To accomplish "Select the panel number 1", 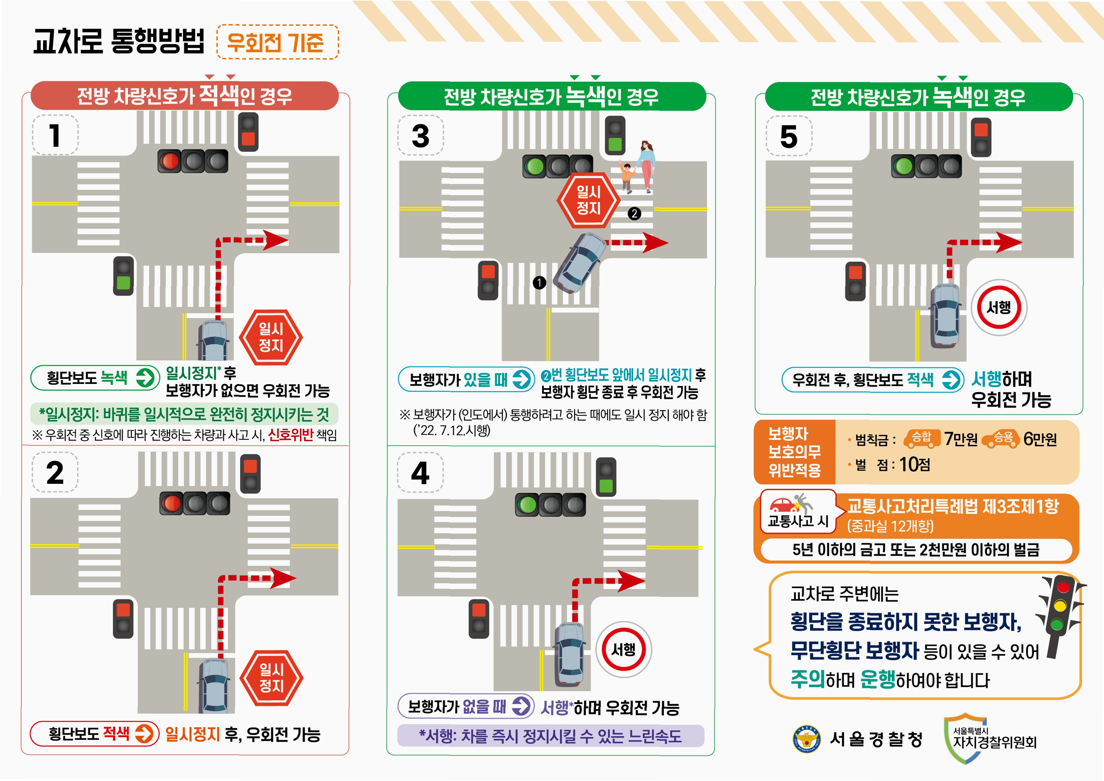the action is tap(55, 135).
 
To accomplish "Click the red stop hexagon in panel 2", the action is tap(271, 678).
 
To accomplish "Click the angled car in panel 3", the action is tap(579, 262).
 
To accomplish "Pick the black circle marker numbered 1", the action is tap(539, 282).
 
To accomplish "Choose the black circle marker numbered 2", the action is tap(634, 213).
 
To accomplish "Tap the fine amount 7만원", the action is tap(961, 439).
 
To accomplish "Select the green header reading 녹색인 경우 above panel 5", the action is tap(918, 97).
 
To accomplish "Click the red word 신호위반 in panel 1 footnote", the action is tap(291, 435).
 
